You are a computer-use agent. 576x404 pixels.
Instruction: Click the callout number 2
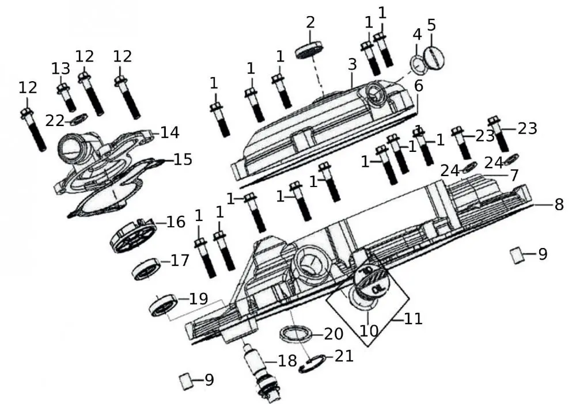(x=310, y=22)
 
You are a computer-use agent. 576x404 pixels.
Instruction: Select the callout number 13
(x=60, y=69)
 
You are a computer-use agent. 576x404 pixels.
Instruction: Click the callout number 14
(x=170, y=132)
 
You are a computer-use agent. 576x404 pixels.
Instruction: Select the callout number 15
(x=183, y=159)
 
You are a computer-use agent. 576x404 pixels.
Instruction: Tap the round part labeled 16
(x=134, y=234)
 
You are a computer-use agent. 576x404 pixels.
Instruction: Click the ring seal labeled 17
(x=146, y=269)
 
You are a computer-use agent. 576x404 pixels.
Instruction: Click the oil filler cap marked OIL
(x=372, y=280)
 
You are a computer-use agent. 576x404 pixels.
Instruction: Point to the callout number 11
(x=413, y=318)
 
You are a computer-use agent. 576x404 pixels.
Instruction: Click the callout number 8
(x=558, y=204)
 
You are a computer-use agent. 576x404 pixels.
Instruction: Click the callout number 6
(x=418, y=86)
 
